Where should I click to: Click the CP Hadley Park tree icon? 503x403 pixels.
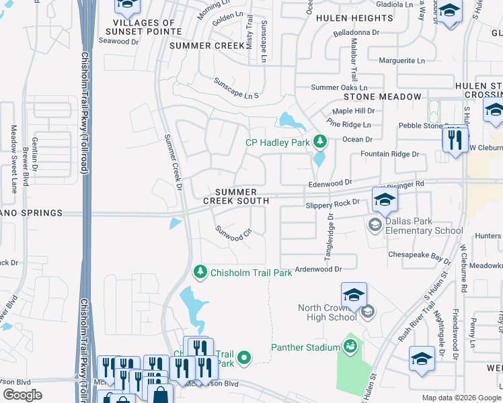coord(321,142)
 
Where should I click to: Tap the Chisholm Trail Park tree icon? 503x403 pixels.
coord(200,272)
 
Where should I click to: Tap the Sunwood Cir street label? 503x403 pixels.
coord(233,233)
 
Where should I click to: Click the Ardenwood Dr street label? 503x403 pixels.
coord(319,269)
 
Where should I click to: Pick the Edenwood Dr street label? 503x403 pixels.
coord(330,182)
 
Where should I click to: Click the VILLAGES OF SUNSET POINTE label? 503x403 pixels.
coord(141,27)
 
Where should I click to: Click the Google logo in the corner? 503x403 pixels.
coord(23,394)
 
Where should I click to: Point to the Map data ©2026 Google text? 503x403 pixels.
coord(461,398)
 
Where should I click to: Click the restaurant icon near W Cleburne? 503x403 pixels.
coord(455,140)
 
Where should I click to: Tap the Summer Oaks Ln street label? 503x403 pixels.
coord(339,87)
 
